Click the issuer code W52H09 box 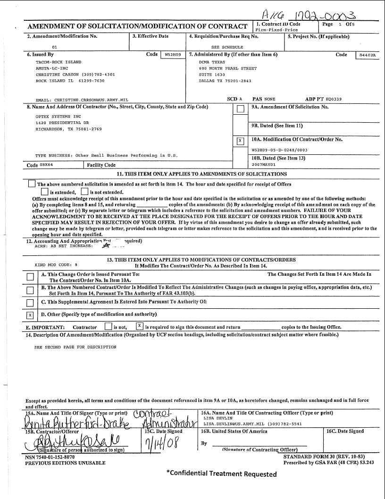click(x=172, y=55)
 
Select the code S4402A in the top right click(x=367, y=55)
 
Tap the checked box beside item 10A click(x=241, y=141)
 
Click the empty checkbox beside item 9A click(x=241, y=109)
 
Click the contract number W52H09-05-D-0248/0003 click(x=279, y=150)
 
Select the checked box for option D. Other click(x=30, y=315)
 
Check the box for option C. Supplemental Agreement click(x=30, y=303)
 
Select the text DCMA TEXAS click(x=212, y=62)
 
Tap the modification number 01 click(x=54, y=47)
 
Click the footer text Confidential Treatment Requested click(x=221, y=474)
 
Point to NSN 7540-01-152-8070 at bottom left click(x=50, y=457)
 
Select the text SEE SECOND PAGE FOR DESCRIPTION click(x=75, y=347)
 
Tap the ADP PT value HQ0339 click(x=333, y=99)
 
